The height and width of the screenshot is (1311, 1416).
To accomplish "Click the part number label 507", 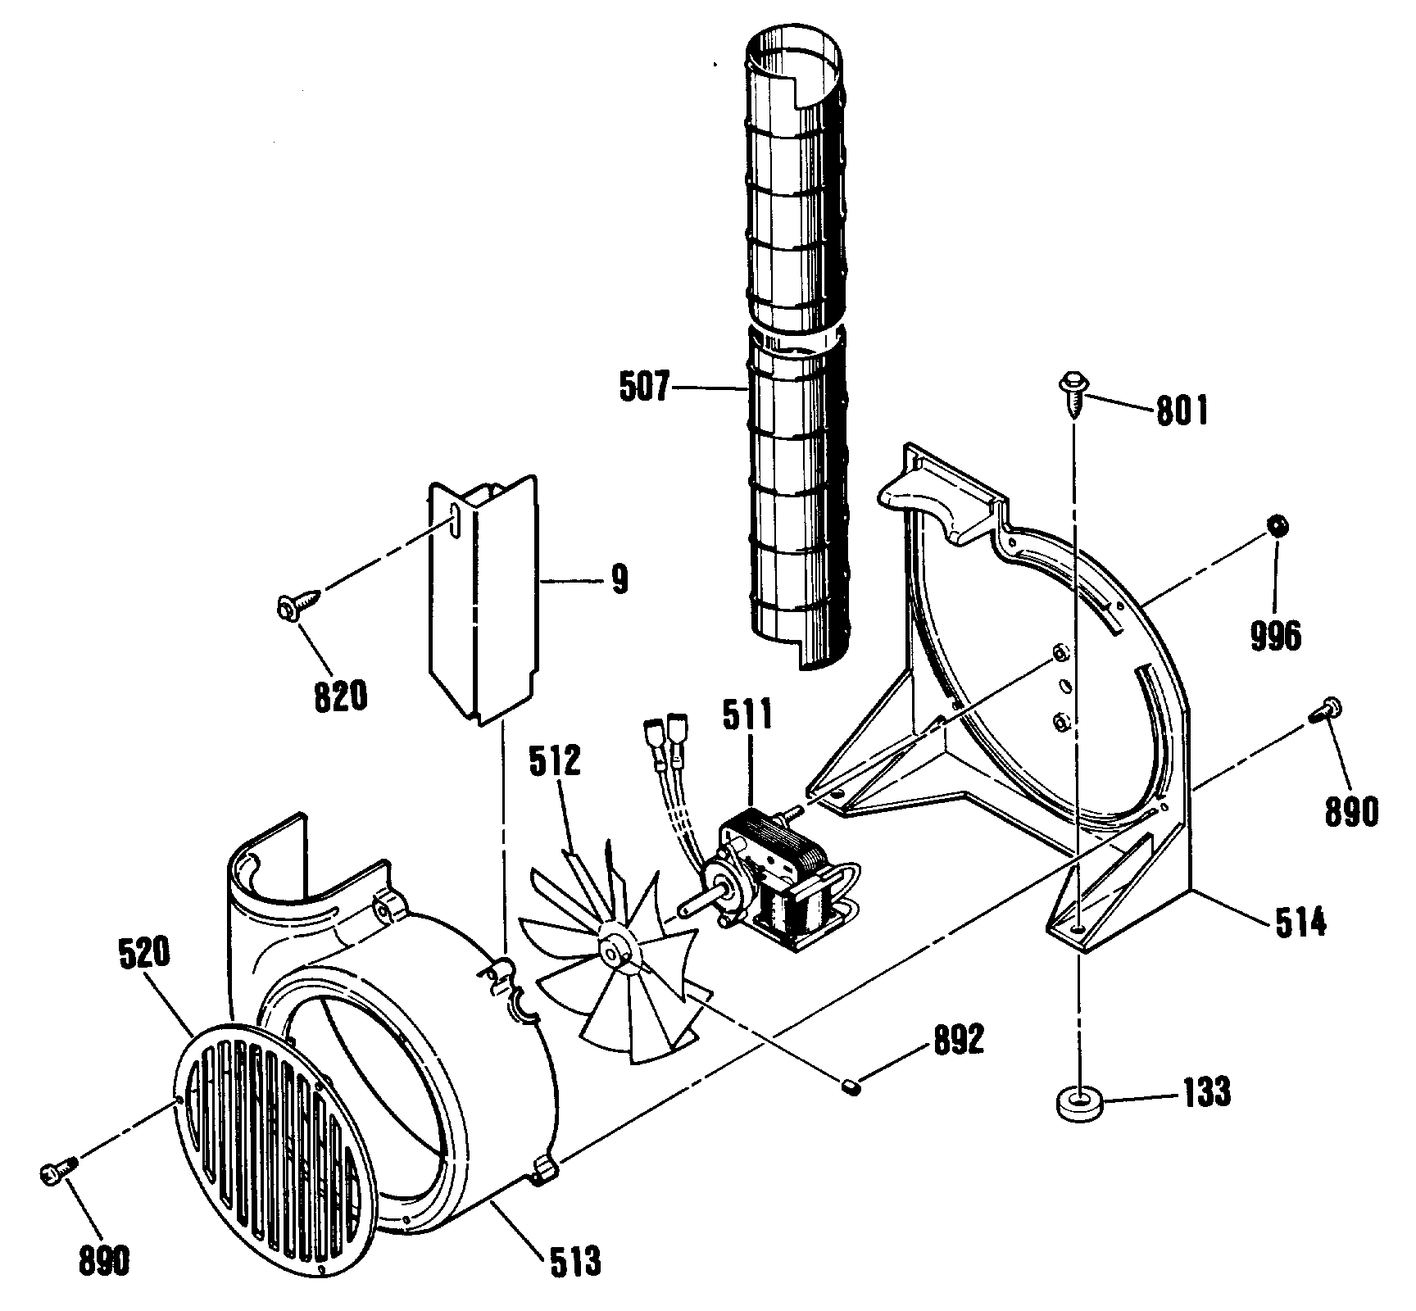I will [644, 386].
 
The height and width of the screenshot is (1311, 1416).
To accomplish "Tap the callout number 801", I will [1182, 411].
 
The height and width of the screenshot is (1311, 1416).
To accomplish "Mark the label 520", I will [143, 954].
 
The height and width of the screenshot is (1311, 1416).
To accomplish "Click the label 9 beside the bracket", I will [619, 581].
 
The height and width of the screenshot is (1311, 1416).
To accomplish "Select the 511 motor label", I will [747, 715].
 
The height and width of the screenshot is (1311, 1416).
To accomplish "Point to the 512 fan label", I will [555, 761].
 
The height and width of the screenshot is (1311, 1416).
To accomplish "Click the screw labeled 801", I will [1073, 392].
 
